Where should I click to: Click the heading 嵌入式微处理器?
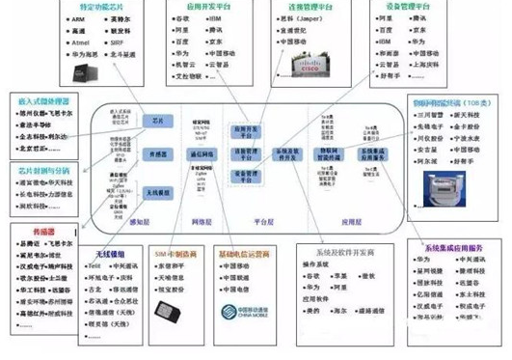click(x=39, y=100)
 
